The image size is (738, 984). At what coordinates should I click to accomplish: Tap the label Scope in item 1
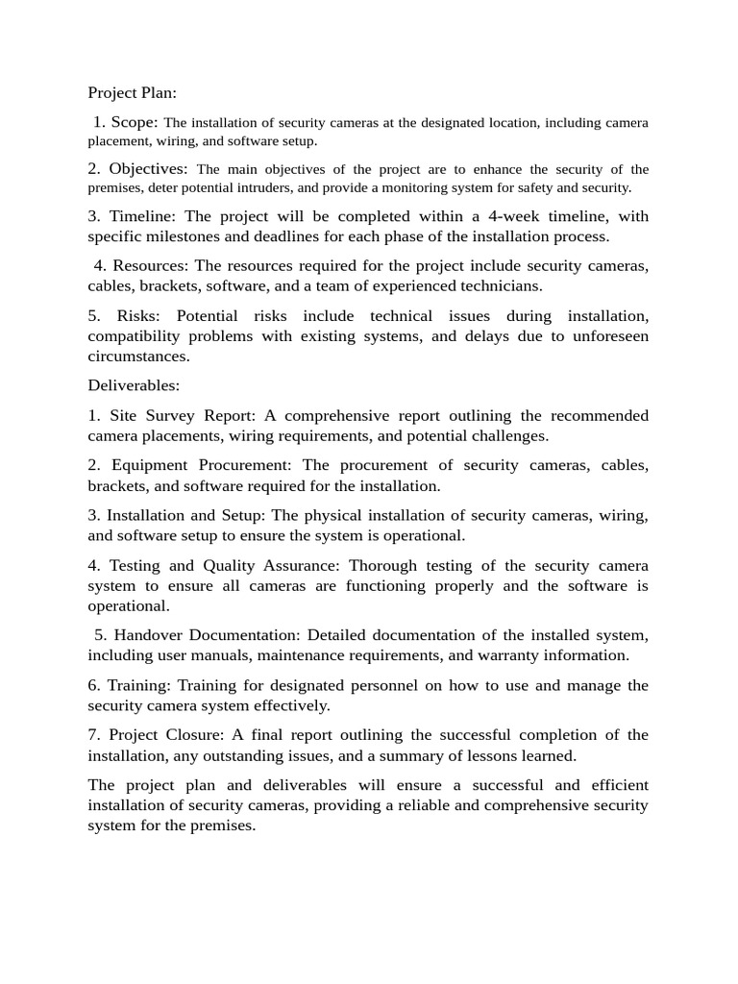[134, 122]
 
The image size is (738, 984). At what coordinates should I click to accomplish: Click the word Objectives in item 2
[148, 169]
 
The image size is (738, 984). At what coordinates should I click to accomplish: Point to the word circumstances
[135, 356]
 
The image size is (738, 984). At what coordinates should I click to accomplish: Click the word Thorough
[382, 565]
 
